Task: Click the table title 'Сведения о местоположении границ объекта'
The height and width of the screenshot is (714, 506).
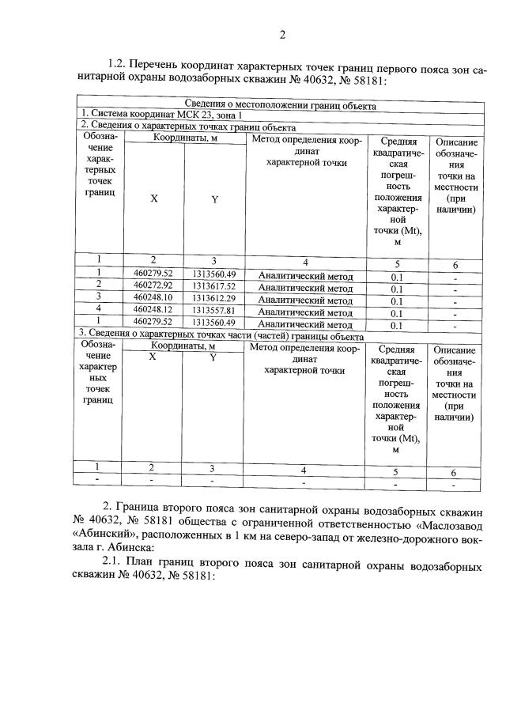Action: (x=280, y=105)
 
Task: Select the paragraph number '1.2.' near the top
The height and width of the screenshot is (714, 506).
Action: (x=117, y=64)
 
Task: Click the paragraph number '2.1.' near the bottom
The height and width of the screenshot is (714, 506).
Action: (x=116, y=567)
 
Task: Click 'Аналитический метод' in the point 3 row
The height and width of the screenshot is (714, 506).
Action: (x=305, y=300)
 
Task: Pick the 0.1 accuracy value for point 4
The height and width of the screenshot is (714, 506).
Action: (x=397, y=312)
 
